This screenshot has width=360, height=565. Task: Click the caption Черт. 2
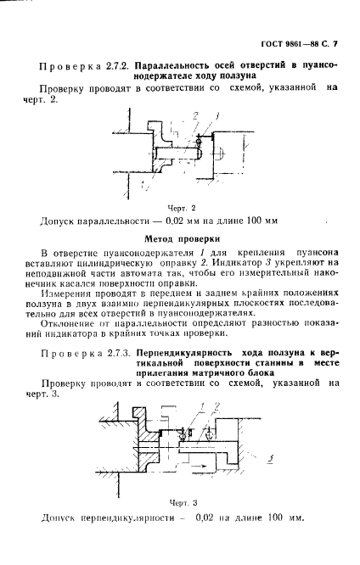click(x=181, y=207)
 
